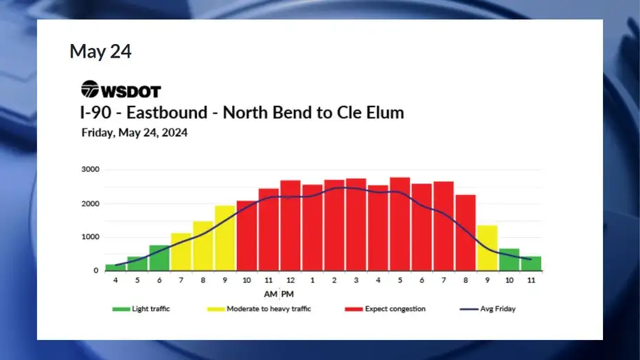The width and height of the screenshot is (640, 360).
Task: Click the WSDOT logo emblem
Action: click(x=90, y=89)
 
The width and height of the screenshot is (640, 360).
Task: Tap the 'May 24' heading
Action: click(x=100, y=52)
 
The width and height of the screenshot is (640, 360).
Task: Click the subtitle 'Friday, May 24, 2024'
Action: click(x=135, y=133)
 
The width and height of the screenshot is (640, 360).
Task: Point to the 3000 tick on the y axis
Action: click(x=90, y=170)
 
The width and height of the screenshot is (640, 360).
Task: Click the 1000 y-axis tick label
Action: click(x=90, y=237)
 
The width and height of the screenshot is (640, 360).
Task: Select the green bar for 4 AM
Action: click(x=115, y=267)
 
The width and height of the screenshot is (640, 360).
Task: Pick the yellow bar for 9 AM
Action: click(x=225, y=238)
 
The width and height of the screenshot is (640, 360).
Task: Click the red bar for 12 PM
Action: click(x=290, y=225)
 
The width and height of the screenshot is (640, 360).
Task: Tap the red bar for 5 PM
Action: click(x=400, y=224)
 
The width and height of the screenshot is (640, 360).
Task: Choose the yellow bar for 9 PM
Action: click(x=488, y=248)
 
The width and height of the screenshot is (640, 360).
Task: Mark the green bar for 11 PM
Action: click(x=531, y=264)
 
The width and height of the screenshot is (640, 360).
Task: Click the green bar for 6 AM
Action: click(x=159, y=258)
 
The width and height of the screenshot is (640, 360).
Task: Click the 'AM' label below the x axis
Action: click(x=271, y=294)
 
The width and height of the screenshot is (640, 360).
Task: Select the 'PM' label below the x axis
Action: click(x=287, y=294)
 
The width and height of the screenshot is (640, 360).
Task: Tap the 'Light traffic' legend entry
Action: click(x=141, y=309)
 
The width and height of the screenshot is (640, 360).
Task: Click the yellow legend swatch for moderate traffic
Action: click(x=216, y=309)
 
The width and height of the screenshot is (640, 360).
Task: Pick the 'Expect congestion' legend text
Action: click(x=395, y=309)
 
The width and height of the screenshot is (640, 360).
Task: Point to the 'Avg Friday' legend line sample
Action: click(x=469, y=309)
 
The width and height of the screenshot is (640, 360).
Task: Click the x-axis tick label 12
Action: click(x=290, y=280)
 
